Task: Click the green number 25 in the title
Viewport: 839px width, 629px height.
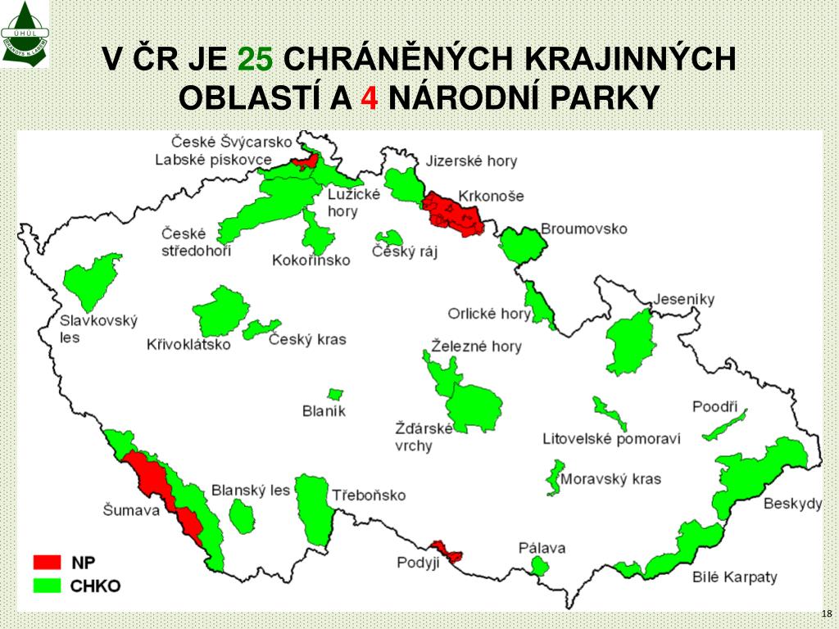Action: (x=256, y=59)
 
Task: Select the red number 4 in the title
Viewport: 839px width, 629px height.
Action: (x=370, y=98)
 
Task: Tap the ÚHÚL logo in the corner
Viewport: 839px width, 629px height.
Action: (x=25, y=34)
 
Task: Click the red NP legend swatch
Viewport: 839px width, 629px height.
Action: (x=47, y=562)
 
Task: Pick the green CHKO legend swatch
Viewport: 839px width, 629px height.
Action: (x=47, y=585)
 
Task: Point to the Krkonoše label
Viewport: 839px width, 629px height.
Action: (x=491, y=197)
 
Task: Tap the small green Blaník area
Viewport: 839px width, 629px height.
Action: (x=335, y=396)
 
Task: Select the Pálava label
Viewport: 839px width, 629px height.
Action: (x=542, y=548)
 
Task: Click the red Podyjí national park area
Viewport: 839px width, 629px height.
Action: (x=447, y=552)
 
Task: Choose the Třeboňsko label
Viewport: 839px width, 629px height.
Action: (x=369, y=496)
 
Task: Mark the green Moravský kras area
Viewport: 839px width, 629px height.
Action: (x=555, y=477)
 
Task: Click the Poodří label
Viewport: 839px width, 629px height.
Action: (x=714, y=406)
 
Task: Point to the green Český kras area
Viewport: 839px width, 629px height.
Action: (x=261, y=329)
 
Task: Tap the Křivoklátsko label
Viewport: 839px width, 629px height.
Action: (x=188, y=345)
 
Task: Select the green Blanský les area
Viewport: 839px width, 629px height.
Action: (x=242, y=516)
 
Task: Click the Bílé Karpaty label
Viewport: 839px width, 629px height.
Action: (x=734, y=577)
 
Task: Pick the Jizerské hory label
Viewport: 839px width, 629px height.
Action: (x=471, y=161)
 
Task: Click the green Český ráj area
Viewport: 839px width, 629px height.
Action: (x=389, y=238)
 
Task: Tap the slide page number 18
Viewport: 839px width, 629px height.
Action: (x=826, y=613)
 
